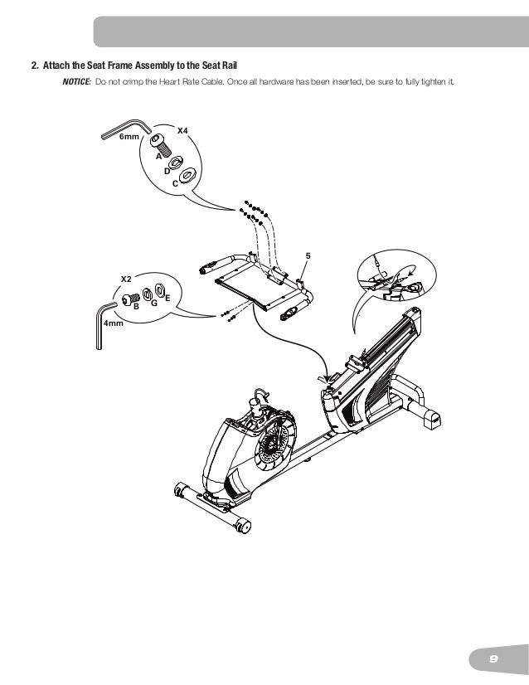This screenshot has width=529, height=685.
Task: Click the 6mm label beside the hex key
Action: tap(129, 137)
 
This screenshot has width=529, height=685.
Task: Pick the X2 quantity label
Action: tap(127, 278)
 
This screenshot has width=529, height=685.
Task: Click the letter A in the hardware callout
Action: tap(158, 155)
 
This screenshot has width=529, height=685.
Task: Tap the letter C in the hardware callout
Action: tap(175, 182)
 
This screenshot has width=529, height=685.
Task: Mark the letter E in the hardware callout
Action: tap(167, 297)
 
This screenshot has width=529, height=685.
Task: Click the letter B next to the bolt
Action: tap(136, 307)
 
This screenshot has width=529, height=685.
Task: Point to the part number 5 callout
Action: tap(308, 255)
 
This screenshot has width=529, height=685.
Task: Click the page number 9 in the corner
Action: tap(493, 658)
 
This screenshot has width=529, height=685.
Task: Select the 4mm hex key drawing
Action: tap(100, 323)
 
